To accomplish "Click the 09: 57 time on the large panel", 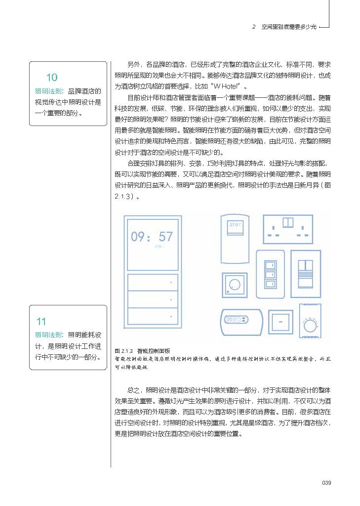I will click(x=152, y=237).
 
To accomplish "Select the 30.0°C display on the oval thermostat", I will click(x=232, y=319).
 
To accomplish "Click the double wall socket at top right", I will click(x=288, y=229).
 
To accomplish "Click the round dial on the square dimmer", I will click(x=235, y=285).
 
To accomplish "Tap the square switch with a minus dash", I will click(x=280, y=322).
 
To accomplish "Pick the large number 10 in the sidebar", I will click(x=52, y=78).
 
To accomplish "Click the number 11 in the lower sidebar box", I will click(x=41, y=322).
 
